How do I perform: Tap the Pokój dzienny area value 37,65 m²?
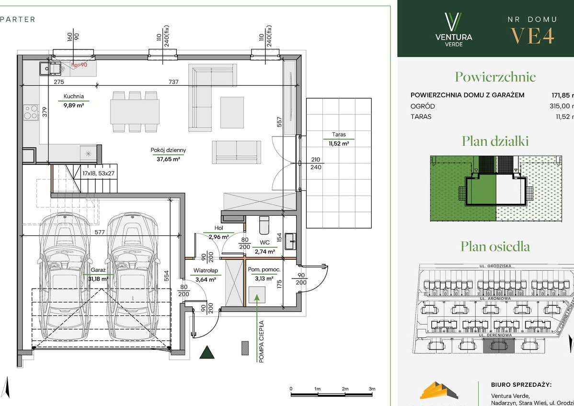[x=168, y=159]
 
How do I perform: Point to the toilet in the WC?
[x=264, y=225]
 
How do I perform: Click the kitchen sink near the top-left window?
[x=50, y=69]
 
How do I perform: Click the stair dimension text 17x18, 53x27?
[x=99, y=173]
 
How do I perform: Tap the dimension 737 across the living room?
[x=173, y=82]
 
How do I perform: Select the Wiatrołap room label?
[x=204, y=270]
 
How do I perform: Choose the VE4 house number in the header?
[x=532, y=36]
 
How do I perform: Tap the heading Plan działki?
[x=495, y=141]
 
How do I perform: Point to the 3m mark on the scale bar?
[x=372, y=389]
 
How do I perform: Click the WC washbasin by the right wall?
[x=290, y=241]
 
